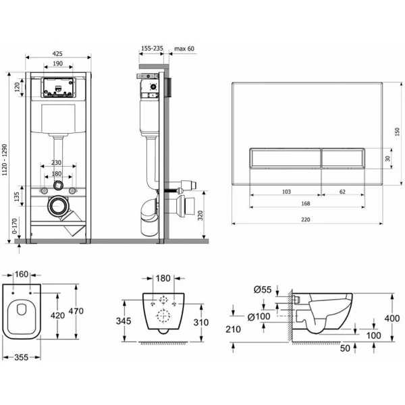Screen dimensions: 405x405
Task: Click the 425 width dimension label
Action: [57, 53]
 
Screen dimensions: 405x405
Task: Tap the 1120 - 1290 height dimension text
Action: [5, 160]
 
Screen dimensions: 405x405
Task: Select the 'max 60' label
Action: [184, 49]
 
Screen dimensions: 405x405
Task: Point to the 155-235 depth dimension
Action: [152, 49]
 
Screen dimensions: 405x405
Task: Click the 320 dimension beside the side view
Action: [200, 215]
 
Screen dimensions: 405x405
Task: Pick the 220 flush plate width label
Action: [305, 219]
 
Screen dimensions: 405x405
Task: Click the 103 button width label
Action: [286, 192]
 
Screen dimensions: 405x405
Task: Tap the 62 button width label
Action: [342, 192]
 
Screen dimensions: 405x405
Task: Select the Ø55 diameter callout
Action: [263, 290]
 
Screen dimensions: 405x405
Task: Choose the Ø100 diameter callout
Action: [259, 317]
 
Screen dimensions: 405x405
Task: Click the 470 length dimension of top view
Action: [76, 310]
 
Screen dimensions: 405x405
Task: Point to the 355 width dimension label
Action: [22, 357]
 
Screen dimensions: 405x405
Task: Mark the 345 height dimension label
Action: [124, 321]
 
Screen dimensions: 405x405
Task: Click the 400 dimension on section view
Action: [392, 318]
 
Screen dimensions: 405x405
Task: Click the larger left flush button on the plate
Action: [285, 159]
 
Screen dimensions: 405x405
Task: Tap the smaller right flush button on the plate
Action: [343, 159]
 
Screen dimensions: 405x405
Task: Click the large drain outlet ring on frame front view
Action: [58, 206]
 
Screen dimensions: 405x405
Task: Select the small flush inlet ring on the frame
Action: [58, 185]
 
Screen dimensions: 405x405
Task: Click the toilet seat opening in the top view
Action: [22, 309]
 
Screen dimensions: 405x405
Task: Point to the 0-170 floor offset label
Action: [15, 226]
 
